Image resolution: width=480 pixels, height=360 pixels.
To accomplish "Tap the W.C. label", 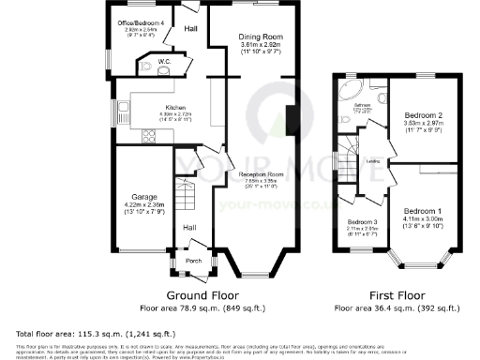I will click(163, 62).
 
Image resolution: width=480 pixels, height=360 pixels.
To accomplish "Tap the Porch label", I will click(194, 261).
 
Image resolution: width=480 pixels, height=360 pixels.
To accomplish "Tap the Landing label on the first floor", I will click(372, 161).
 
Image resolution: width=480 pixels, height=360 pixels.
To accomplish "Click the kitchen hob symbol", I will click(147, 137).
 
